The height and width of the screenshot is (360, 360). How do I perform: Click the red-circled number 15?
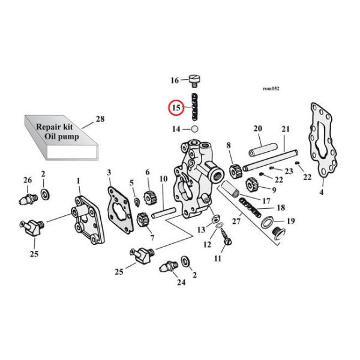point(176,107)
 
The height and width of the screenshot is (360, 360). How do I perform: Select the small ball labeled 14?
point(194,128)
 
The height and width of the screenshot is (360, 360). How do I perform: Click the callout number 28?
point(100,119)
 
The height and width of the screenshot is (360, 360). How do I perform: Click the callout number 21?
point(285,129)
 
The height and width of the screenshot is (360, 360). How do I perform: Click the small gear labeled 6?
point(150,194)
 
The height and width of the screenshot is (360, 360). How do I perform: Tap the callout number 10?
point(163,179)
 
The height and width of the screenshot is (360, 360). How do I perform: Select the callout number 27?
point(236,221)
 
